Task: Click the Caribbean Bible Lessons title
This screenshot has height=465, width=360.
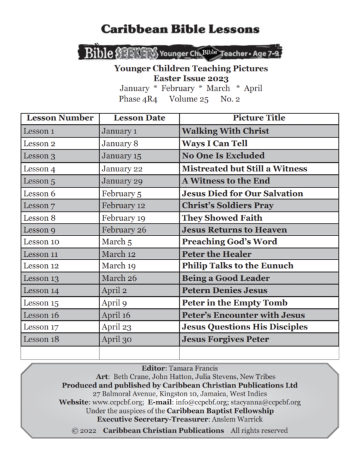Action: click(x=180, y=29)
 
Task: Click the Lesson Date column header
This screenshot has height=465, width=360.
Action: click(x=139, y=118)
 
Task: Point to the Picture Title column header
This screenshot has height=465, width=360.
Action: click(x=259, y=118)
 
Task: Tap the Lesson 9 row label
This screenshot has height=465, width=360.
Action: click(x=39, y=230)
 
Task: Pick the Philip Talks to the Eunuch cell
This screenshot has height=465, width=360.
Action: click(x=237, y=266)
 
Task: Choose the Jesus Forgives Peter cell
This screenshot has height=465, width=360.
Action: click(x=225, y=340)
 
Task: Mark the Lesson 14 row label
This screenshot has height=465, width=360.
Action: click(x=41, y=291)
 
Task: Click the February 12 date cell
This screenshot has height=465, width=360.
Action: click(x=123, y=205)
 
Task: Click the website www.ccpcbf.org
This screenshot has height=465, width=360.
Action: click(x=117, y=403)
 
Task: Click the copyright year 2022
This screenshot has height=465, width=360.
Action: click(x=89, y=431)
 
